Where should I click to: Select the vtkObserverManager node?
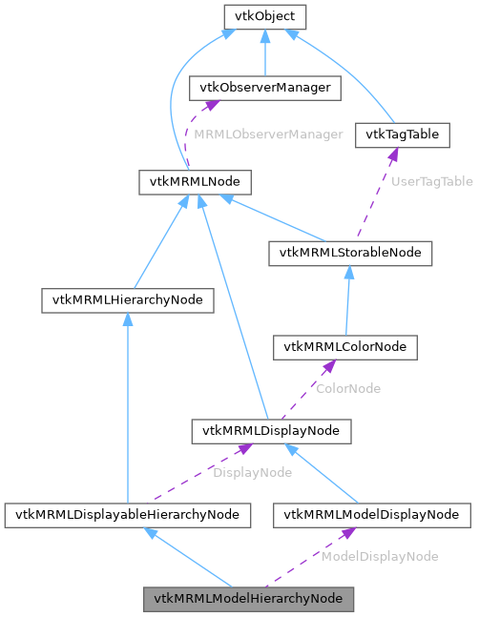pyautogui.click(x=265, y=88)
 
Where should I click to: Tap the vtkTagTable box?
pyautogui.click(x=402, y=134)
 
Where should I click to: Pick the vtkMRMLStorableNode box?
pyautogui.click(x=350, y=253)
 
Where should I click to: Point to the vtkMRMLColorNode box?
pyautogui.click(x=344, y=347)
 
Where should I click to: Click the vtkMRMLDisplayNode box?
pyautogui.click(x=270, y=431)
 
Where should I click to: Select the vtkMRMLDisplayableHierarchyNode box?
pyautogui.click(x=127, y=515)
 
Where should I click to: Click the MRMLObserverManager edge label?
pyautogui.click(x=267, y=134)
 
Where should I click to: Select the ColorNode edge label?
pyautogui.click(x=349, y=389)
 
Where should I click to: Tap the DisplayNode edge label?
pyautogui.click(x=251, y=472)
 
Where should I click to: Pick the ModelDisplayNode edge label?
pyautogui.click(x=380, y=556)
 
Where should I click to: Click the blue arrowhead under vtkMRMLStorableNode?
pyautogui.click(x=349, y=271)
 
